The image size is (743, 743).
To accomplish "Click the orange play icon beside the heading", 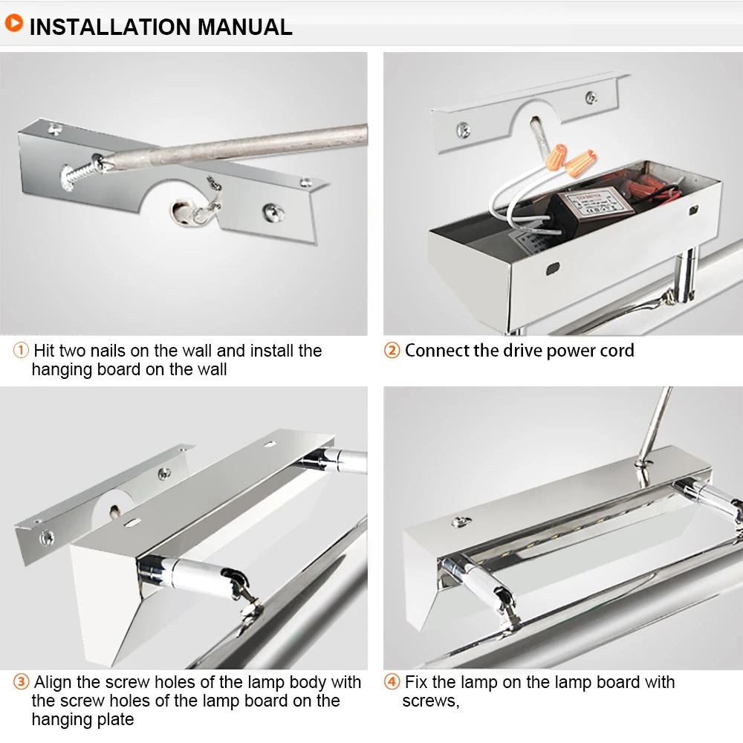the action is point(13,23).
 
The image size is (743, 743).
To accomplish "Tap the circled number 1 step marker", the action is point(21,351).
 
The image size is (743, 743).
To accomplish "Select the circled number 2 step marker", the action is point(392,351).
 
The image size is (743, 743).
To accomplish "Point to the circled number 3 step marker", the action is point(21,682).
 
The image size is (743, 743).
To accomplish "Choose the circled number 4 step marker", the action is point(392,682).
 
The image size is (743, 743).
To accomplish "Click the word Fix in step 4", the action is point(416,682).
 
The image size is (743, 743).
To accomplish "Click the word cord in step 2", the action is point(615,351).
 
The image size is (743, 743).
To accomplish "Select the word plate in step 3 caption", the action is point(115,719).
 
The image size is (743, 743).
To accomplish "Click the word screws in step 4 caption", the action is point(430,701).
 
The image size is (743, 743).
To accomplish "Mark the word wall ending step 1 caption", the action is point(210,369).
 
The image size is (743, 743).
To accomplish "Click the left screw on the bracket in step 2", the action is point(463,129).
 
